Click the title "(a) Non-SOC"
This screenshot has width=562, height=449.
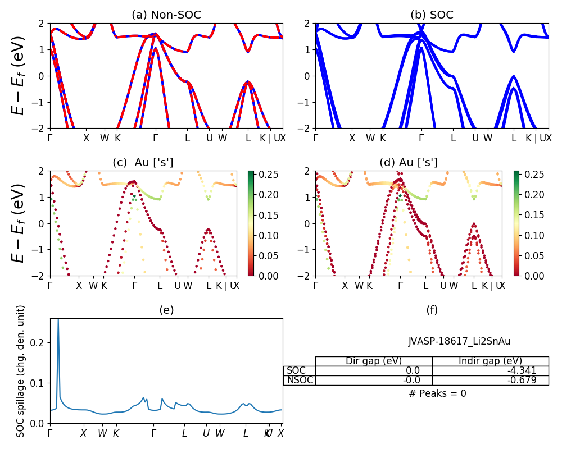click(x=166, y=15)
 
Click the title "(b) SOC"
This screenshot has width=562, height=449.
click(x=432, y=15)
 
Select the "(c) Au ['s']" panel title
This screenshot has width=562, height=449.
click(x=143, y=163)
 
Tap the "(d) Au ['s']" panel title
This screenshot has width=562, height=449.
click(x=409, y=163)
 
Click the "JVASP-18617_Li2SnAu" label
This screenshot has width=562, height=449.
click(x=459, y=341)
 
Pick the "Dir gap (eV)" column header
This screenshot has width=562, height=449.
click(x=374, y=361)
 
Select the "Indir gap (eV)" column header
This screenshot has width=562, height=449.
click(x=490, y=361)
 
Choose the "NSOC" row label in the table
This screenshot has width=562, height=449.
click(x=299, y=380)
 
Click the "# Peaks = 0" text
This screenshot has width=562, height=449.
click(x=438, y=393)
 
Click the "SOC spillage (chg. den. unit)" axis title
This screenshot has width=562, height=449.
click(x=21, y=371)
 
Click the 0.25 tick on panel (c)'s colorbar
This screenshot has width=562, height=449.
click(x=260, y=175)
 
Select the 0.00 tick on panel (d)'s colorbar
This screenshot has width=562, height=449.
click(x=526, y=276)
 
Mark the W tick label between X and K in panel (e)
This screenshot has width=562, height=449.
click(x=102, y=433)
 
